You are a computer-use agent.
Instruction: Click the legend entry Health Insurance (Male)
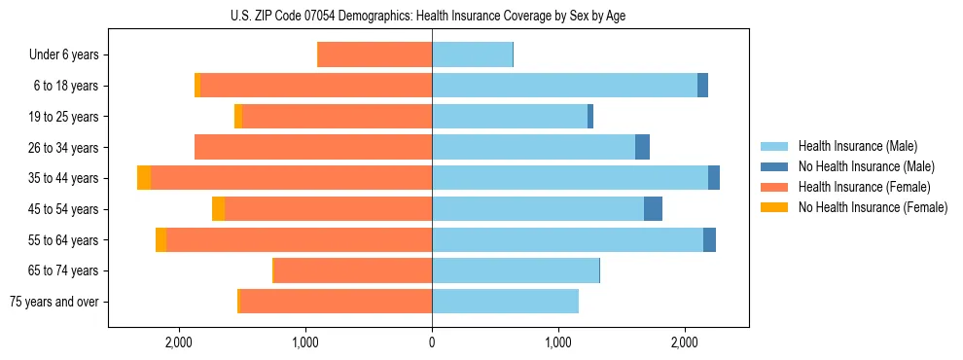pos(857,146)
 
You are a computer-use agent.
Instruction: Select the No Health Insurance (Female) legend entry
pos(873,207)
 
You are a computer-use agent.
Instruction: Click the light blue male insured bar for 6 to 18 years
pos(564,86)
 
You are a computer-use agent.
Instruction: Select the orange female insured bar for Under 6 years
pos(375,55)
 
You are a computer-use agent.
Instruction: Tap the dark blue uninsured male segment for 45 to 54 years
pos(653,209)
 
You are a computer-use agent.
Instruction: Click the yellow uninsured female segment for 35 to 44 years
pos(144,178)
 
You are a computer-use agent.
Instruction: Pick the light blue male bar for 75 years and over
pos(505,302)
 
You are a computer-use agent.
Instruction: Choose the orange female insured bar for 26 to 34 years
pos(313,147)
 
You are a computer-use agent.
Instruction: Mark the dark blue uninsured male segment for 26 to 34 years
pos(642,147)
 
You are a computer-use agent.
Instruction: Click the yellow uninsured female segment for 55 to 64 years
pos(160,239)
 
